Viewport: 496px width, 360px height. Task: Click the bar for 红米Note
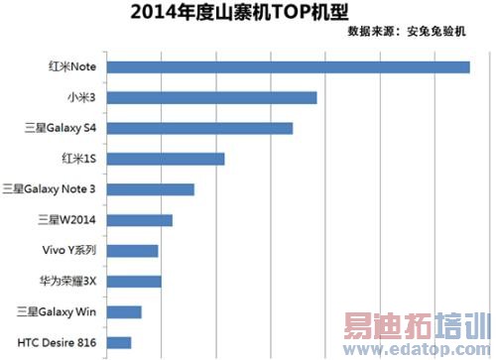coord(287,67)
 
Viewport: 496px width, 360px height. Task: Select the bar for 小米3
coord(210,97)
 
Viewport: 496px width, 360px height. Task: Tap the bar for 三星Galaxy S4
coord(198,128)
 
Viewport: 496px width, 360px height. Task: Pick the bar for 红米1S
coord(165,159)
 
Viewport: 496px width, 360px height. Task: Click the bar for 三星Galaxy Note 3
coord(149,189)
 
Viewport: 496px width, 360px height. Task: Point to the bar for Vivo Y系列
coord(131,251)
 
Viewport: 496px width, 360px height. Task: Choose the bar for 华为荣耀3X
coord(132,282)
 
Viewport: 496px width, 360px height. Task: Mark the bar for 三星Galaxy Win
coord(123,312)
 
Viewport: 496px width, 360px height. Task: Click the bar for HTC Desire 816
coord(117,343)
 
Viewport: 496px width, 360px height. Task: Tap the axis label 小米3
coord(80,97)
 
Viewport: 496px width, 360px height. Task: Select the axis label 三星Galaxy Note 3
coord(51,189)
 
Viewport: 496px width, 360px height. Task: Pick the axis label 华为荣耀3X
coord(67,282)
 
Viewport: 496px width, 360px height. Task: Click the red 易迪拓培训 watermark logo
coord(416,327)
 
